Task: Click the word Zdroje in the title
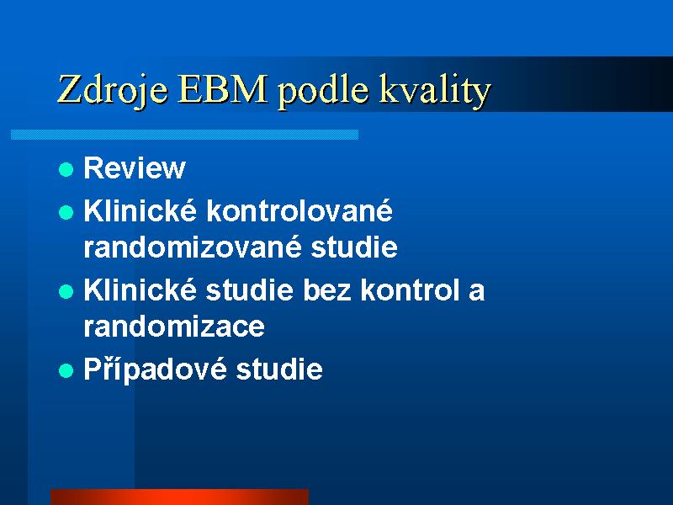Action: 113,91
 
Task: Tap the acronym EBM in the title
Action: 222,89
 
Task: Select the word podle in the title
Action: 323,90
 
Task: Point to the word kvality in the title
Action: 434,91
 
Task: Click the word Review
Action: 135,167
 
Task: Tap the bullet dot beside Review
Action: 66,170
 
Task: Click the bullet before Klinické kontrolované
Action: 66,212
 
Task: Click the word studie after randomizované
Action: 354,247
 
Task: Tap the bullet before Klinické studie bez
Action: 66,291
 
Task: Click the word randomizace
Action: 174,327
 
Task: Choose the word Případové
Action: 155,369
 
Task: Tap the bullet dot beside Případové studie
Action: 66,370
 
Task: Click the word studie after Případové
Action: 279,369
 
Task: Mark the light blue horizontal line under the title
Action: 184,135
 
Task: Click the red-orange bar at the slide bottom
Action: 179,497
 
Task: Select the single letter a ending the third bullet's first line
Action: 476,292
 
